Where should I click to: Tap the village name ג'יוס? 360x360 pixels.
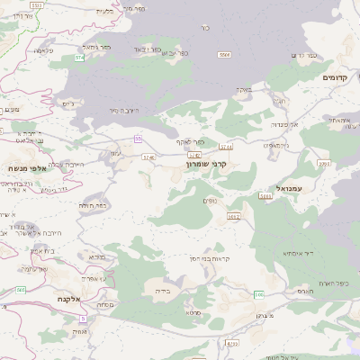(67, 103)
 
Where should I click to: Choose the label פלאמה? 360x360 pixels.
(43, 50)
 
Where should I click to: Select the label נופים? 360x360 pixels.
(211, 200)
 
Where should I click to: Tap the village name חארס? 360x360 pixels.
(304, 291)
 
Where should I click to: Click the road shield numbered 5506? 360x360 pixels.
(223, 55)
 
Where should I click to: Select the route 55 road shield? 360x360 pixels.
(138, 139)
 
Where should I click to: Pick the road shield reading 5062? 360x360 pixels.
(234, 216)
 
